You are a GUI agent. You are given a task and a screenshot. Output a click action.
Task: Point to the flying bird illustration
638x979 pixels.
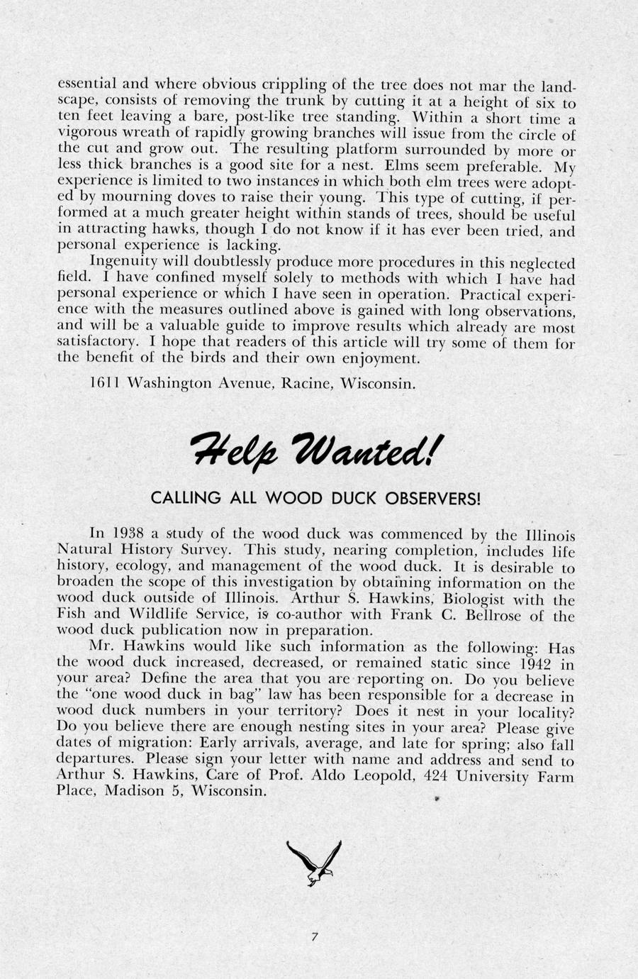(313, 861)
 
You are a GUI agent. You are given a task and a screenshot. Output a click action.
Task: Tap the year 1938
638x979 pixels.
(128, 534)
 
